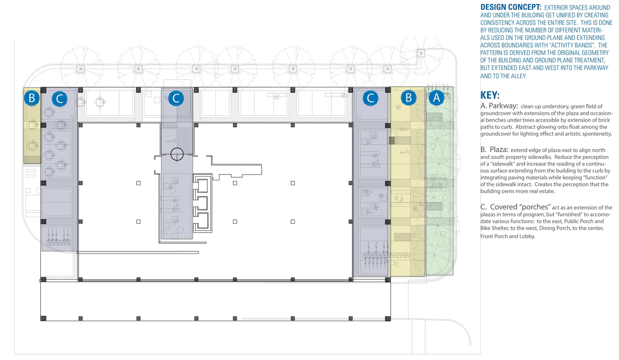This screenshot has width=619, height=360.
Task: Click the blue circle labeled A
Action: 436,98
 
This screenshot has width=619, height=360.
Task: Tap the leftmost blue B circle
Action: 32,98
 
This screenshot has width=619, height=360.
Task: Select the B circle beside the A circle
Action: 408,98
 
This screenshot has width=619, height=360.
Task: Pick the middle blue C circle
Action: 176,98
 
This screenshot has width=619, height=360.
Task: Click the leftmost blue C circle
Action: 59,99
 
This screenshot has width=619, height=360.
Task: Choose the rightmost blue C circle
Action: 370,98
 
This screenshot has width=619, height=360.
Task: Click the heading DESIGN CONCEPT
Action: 511,7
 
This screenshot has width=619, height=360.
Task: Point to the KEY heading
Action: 490,95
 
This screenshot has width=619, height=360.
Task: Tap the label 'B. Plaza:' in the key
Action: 494,150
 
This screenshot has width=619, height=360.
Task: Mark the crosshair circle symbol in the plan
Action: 177,154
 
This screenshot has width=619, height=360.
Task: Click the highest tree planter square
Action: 421,53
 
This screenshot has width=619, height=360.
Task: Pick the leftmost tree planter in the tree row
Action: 80,69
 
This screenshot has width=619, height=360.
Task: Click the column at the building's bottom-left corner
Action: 43,318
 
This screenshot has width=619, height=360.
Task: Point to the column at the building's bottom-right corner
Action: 388,319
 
